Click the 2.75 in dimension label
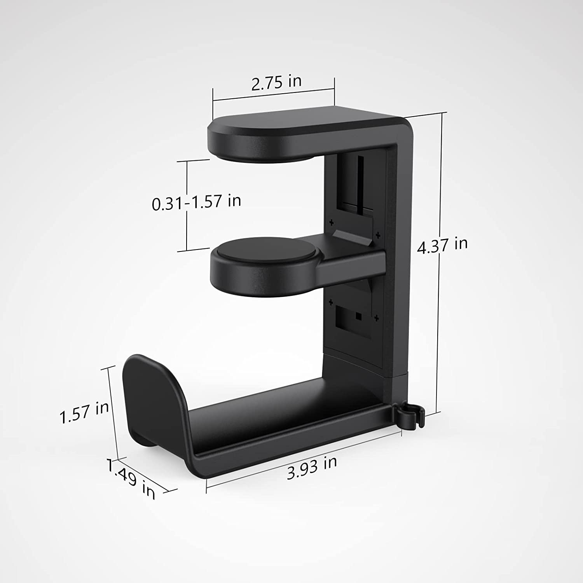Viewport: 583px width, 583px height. tap(276, 82)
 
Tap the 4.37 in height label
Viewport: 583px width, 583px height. tap(442, 245)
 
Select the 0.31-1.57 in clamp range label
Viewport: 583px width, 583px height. tap(196, 202)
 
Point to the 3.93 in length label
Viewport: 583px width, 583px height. tap(312, 468)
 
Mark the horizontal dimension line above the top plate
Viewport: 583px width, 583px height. tap(273, 96)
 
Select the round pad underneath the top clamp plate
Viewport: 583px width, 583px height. tap(264, 156)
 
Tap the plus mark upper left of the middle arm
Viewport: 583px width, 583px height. tap(332, 223)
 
